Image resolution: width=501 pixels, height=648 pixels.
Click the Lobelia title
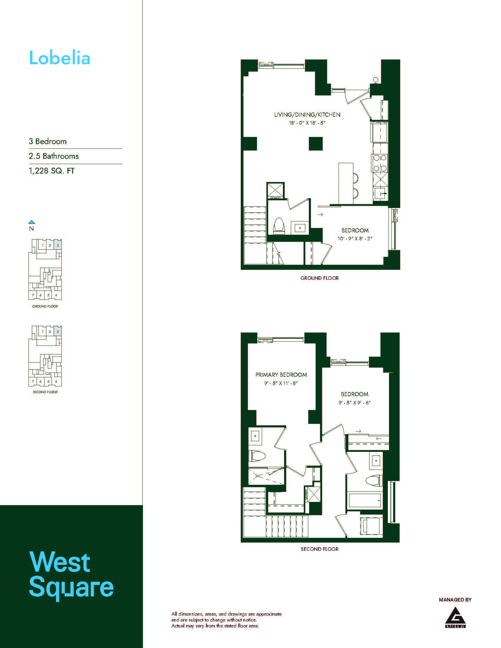[60, 58]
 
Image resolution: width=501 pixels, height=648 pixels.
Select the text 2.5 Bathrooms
[54, 156]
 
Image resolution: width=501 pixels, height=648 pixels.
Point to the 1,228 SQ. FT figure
[52, 171]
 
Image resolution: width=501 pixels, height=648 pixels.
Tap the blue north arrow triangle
[32, 222]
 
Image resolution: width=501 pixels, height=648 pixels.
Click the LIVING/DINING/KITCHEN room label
[307, 115]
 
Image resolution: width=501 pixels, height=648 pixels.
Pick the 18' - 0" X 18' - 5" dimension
[307, 123]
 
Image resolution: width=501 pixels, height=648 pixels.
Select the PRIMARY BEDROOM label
[281, 375]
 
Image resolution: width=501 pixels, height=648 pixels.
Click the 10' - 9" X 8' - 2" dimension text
[355, 239]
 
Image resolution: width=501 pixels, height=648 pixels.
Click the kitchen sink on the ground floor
[380, 194]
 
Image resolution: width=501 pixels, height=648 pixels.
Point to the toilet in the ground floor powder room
[279, 226]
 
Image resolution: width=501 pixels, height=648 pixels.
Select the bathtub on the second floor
[365, 500]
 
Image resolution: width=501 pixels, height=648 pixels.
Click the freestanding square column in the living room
[316, 144]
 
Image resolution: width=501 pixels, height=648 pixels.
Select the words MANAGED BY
[455, 600]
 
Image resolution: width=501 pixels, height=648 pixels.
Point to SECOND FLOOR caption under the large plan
[319, 549]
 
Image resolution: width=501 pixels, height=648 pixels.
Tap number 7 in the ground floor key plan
[33, 295]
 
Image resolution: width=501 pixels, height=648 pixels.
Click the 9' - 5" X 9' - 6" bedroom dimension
[354, 403]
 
